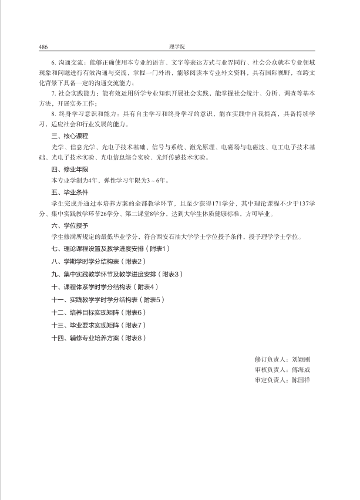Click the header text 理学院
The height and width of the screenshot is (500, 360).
pyautogui.click(x=176, y=46)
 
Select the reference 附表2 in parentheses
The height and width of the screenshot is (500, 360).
pyautogui.click(x=134, y=260)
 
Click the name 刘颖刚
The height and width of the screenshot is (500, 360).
pyautogui.click(x=300, y=359)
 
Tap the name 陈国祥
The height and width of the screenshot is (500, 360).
pyautogui.click(x=300, y=380)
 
